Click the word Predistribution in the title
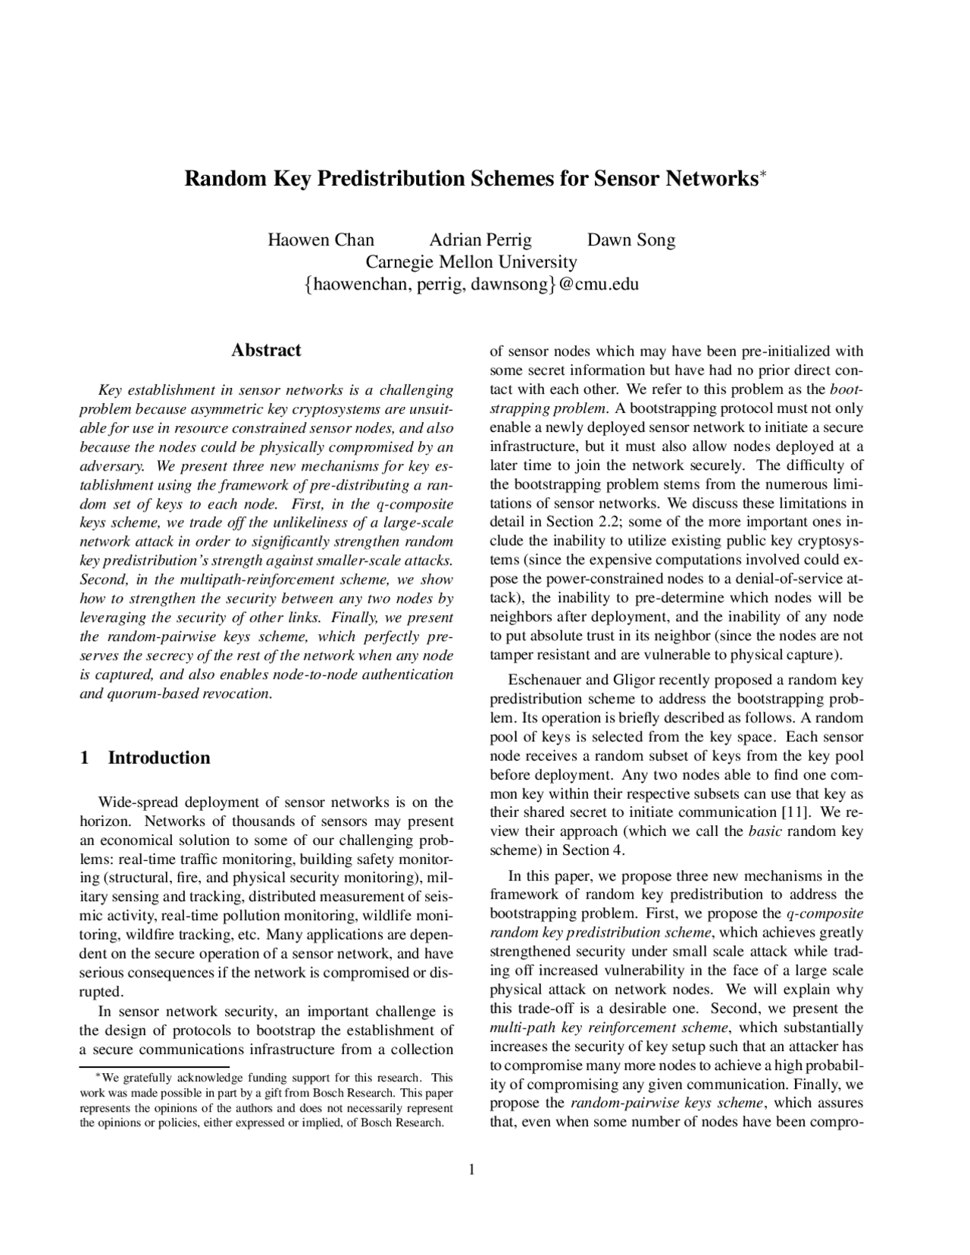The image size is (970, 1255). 392,180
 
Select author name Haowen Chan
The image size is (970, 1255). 321,240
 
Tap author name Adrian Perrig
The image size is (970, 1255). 480,240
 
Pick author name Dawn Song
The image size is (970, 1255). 631,240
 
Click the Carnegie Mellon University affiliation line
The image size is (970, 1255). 471,262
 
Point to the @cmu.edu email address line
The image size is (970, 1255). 471,285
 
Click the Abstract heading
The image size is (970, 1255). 266,350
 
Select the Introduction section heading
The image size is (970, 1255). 159,758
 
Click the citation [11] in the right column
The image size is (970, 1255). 795,812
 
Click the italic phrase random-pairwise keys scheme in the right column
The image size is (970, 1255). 667,1103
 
